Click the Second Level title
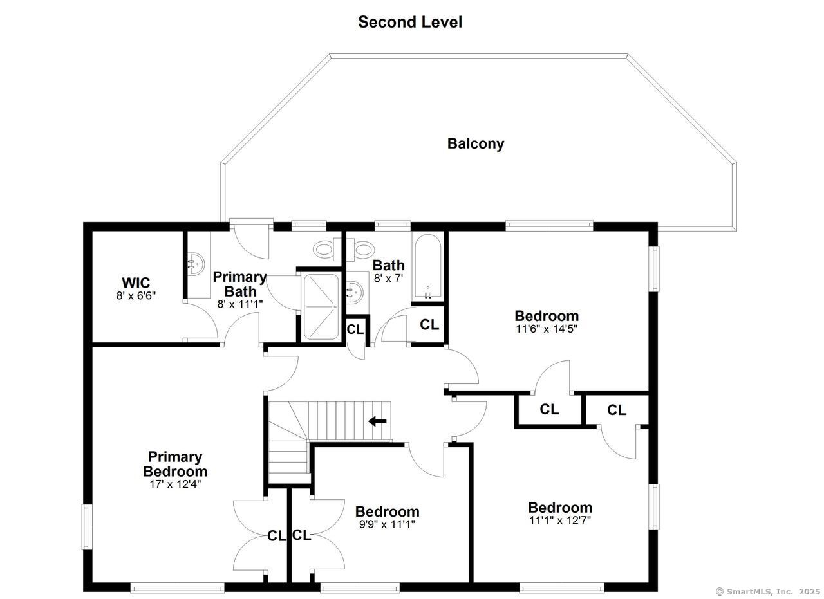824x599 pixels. click(410, 22)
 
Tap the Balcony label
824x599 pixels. click(476, 143)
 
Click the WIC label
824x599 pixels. click(136, 282)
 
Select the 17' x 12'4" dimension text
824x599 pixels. click(175, 484)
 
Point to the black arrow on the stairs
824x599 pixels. click(377, 421)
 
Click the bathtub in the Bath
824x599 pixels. click(427, 266)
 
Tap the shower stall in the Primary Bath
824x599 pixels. click(321, 306)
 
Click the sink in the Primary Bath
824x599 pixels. click(197, 264)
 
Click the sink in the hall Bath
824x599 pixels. click(355, 292)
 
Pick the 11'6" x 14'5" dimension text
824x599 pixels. click(547, 329)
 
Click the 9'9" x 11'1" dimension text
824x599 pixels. click(387, 524)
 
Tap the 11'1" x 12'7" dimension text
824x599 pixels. click(560, 520)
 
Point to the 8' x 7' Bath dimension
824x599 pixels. click(388, 278)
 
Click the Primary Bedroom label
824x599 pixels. click(175, 464)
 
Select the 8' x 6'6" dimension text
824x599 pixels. click(136, 295)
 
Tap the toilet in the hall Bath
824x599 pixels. click(360, 249)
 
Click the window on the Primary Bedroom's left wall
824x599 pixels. click(87, 527)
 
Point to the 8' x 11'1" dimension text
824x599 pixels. click(240, 304)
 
